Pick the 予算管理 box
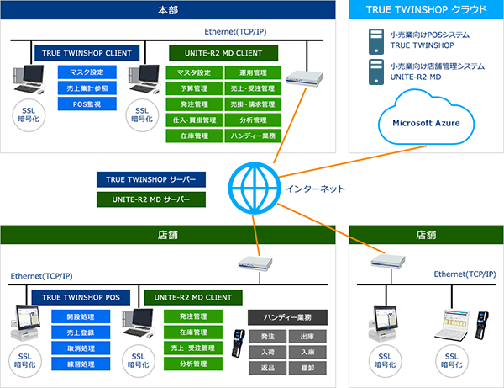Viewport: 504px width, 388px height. click(x=194, y=88)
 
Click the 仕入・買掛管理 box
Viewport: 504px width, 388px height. click(x=194, y=120)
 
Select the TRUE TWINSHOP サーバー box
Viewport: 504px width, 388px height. click(x=150, y=180)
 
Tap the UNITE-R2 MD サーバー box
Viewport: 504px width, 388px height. click(x=150, y=199)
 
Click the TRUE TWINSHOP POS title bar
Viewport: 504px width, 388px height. click(x=81, y=297)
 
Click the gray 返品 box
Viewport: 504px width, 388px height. click(x=268, y=368)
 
